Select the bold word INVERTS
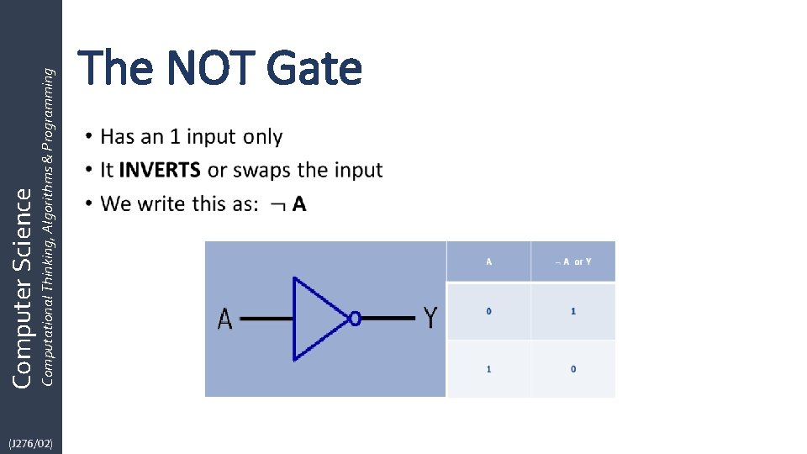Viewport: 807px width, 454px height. pyautogui.click(x=160, y=170)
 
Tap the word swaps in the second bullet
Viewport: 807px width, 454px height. pyautogui.click(x=261, y=170)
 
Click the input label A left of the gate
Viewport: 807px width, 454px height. pyautogui.click(x=225, y=319)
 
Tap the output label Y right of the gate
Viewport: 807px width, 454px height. pyautogui.click(x=430, y=318)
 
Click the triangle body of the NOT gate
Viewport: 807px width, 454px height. pyautogui.click(x=315, y=319)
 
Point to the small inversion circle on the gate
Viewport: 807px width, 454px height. pyautogui.click(x=355, y=319)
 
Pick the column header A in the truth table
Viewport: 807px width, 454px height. pyautogui.click(x=489, y=261)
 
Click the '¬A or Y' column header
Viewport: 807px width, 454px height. pyautogui.click(x=573, y=261)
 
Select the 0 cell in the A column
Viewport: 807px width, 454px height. pyautogui.click(x=489, y=311)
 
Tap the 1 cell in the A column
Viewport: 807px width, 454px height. pyautogui.click(x=489, y=369)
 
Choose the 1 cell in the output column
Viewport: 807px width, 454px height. pyautogui.click(x=573, y=311)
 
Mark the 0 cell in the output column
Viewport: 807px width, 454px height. pyautogui.click(x=573, y=369)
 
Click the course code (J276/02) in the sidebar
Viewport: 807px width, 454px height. pyautogui.click(x=30, y=442)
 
